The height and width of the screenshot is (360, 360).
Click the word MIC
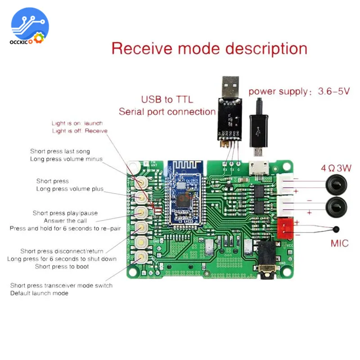pos(340,243)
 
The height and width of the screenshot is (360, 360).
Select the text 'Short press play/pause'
pos(65,213)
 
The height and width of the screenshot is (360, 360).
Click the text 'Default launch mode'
pos(39,293)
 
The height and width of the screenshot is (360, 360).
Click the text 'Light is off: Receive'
pos(80,131)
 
